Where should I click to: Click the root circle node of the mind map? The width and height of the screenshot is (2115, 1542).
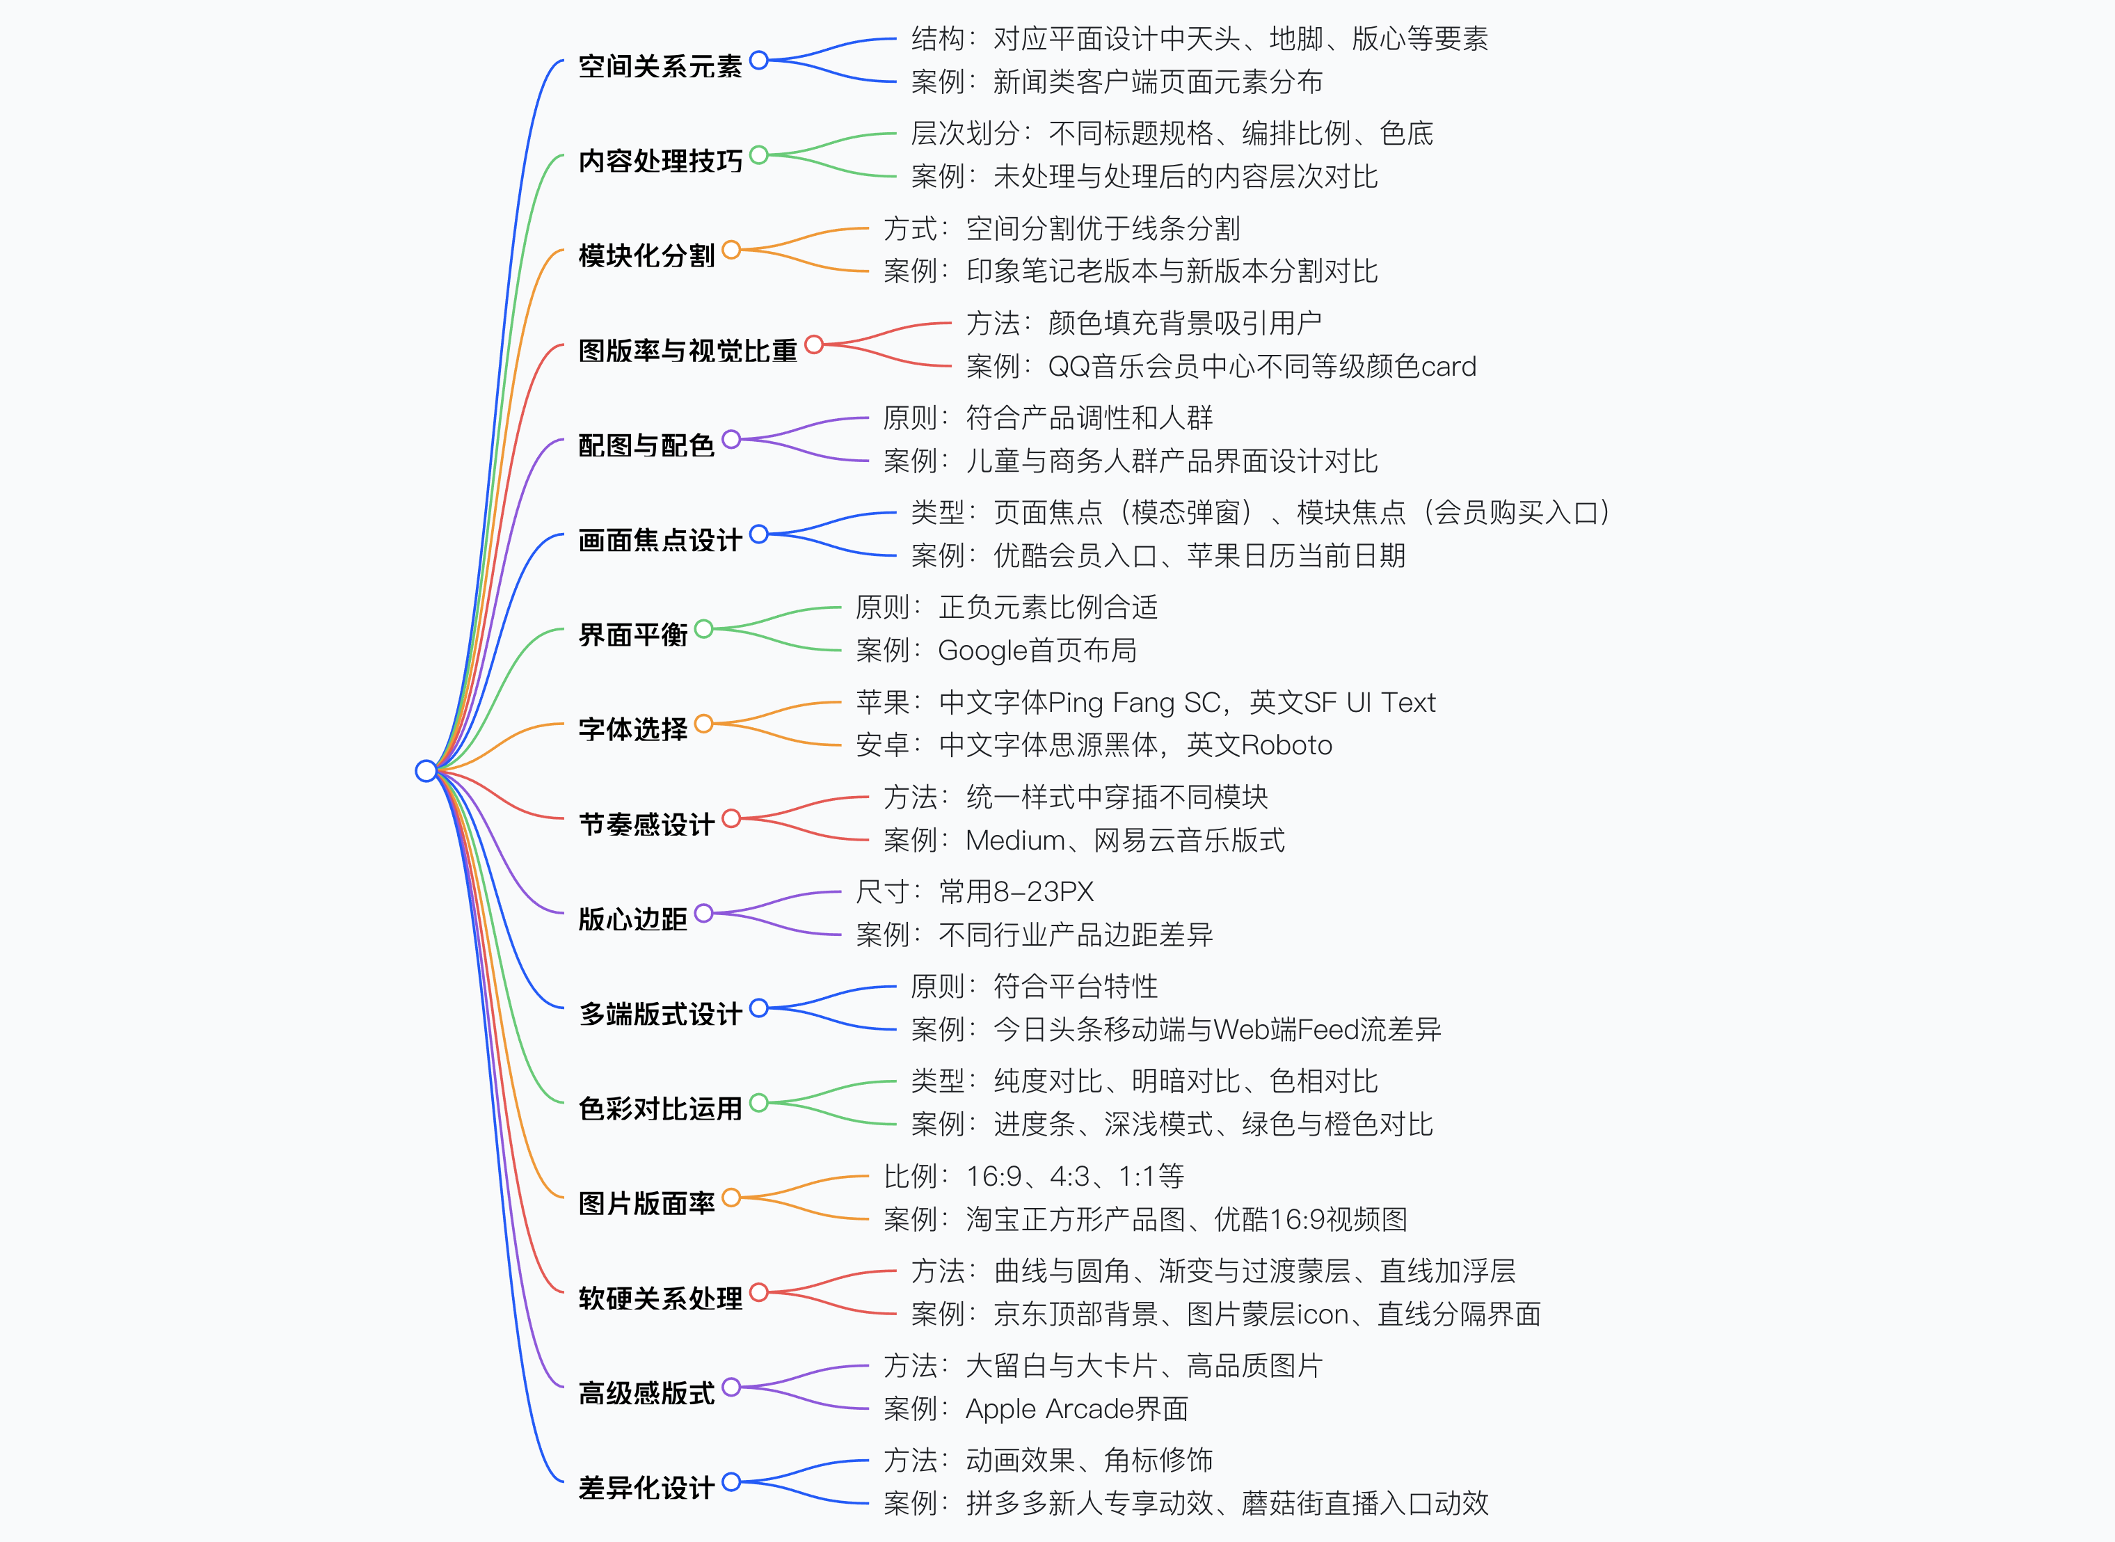click(x=426, y=770)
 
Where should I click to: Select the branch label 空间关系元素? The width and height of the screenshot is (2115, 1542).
click(x=660, y=66)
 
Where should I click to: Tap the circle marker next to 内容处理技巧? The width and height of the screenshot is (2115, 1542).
click(x=759, y=155)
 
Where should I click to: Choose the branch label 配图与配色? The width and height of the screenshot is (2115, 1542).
click(x=646, y=445)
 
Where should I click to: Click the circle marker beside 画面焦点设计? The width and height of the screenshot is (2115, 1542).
click(x=759, y=534)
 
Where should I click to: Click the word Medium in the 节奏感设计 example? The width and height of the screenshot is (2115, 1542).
click(x=1014, y=840)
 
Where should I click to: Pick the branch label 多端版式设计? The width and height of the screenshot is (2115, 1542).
click(x=660, y=1014)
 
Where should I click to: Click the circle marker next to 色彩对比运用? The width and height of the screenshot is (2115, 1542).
click(x=759, y=1102)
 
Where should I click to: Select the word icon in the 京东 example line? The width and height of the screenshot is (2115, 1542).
click(x=1323, y=1314)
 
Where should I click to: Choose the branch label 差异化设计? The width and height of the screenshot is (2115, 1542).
click(x=646, y=1488)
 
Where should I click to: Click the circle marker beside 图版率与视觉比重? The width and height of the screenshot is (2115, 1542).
click(x=814, y=344)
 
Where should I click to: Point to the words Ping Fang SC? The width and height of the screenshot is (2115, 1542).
click(x=1134, y=702)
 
